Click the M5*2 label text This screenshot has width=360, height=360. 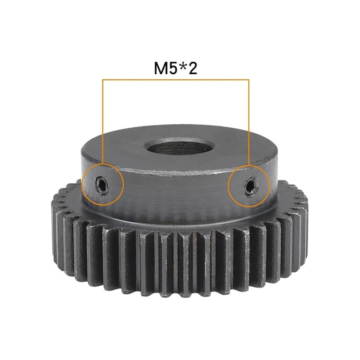[175, 68]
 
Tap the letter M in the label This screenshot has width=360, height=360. [161, 68]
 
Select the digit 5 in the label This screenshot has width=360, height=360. [174, 68]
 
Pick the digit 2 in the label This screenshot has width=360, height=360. [193, 68]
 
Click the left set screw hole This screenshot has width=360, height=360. [102, 184]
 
